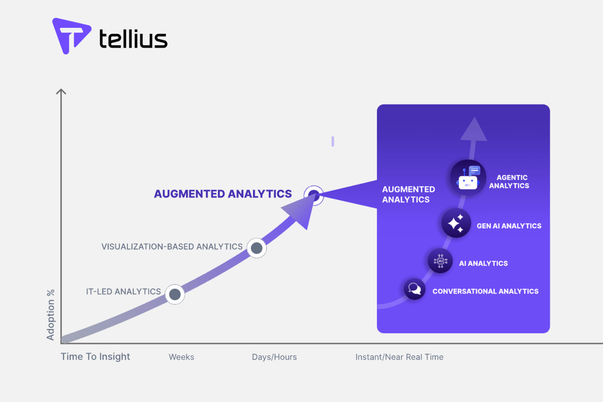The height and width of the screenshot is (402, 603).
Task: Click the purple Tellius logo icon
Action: point(71,36)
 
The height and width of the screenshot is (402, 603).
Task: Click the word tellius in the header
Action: point(133,39)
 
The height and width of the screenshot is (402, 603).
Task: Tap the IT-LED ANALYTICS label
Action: point(123,291)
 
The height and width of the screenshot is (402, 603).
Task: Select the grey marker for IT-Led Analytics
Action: point(175,294)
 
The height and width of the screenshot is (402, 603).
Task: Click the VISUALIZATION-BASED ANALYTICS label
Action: point(172,246)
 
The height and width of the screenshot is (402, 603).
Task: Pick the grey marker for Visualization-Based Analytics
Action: point(256,248)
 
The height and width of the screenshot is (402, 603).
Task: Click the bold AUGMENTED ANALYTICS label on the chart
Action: point(223,194)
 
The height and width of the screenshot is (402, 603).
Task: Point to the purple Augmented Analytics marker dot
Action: point(314,195)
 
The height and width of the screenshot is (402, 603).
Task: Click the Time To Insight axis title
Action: point(95,357)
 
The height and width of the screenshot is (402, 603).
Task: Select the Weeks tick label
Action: point(181,357)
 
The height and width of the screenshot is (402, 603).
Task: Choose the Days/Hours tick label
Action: point(274,357)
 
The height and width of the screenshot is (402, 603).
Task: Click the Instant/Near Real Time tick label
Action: point(399,357)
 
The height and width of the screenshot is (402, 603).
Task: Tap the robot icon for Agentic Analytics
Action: point(468,178)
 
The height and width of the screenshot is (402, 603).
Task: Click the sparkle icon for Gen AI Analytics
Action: point(456,223)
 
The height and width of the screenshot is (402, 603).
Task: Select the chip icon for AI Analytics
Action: point(440,261)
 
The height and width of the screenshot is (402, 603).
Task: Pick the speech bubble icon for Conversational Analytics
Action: point(415,289)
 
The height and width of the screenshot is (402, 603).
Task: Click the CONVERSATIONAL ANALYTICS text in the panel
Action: point(485,291)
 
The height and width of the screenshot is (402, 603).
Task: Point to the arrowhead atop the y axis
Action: point(61,92)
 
